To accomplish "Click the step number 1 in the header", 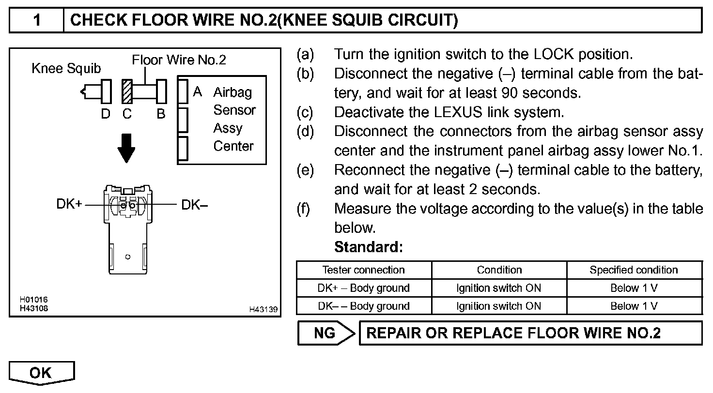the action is click(x=37, y=20).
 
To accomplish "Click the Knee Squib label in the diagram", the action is click(x=66, y=69).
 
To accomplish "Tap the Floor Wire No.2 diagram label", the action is click(x=179, y=60).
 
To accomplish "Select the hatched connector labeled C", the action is click(x=127, y=91).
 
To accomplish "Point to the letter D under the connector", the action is click(x=106, y=114).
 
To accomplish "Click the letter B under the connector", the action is click(x=161, y=114).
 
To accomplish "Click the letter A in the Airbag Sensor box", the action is click(x=197, y=91).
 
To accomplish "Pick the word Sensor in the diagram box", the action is click(x=234, y=110).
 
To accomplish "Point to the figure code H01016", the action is click(x=33, y=300).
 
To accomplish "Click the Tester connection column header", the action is click(x=363, y=270).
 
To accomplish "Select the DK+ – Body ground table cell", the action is click(x=363, y=288).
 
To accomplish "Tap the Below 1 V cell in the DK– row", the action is click(x=634, y=306).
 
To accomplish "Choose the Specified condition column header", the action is click(x=634, y=270).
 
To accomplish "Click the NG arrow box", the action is click(x=326, y=333).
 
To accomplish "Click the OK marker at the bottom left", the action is click(x=41, y=373).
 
